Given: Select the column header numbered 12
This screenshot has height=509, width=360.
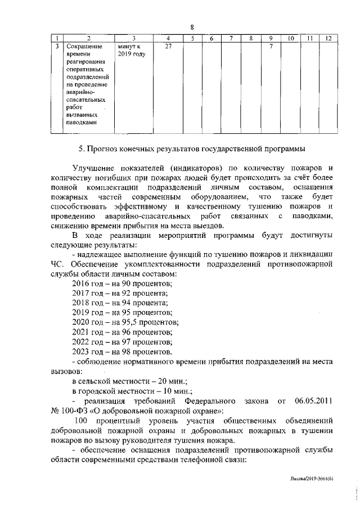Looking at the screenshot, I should point(328,38).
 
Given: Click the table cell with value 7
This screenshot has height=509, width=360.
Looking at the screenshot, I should point(271,46).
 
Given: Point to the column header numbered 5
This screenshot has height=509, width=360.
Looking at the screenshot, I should point(192,38).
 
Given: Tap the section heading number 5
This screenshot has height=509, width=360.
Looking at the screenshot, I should point(80,149).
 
